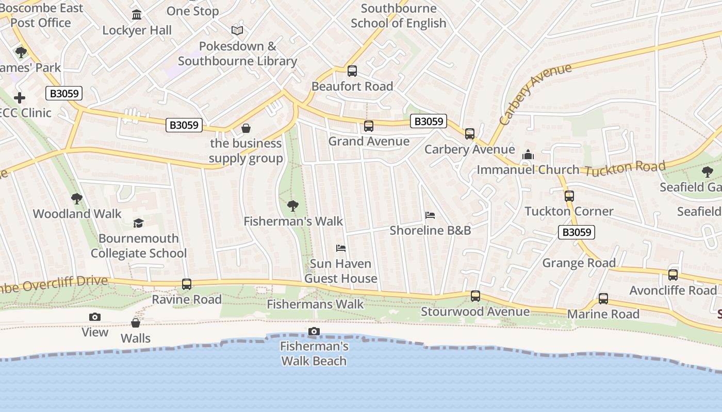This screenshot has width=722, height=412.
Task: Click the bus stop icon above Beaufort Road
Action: [352, 71]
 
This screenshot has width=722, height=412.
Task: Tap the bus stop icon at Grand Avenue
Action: [369, 126]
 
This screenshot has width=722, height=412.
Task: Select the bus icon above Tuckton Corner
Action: [569, 196]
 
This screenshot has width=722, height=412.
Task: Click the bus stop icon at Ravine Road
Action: [187, 284]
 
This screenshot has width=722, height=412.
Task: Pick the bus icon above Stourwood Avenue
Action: [475, 297]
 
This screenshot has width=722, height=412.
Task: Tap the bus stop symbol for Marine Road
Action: [603, 299]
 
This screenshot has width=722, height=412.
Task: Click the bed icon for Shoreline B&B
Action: [430, 215]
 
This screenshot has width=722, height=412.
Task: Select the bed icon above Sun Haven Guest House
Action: [341, 248]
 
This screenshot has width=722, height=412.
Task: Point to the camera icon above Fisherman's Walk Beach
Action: [314, 332]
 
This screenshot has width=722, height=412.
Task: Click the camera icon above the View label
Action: [95, 317]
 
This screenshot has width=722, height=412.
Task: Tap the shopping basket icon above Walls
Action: [136, 323]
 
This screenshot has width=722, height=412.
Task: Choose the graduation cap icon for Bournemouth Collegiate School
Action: [138, 223]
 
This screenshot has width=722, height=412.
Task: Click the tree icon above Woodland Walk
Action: [77, 199]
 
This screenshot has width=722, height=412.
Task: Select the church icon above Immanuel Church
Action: [528, 154]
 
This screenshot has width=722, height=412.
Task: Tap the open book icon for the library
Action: [237, 31]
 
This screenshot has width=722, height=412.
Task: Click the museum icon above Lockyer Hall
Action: [137, 15]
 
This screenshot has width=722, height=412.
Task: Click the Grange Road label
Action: [579, 263]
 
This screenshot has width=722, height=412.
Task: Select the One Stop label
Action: [193, 11]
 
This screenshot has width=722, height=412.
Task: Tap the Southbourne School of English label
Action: [399, 16]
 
